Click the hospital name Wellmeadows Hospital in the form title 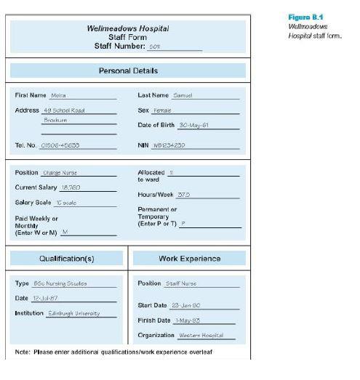(128, 28)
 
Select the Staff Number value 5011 (153, 47)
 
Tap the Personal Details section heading (128, 70)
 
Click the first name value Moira (58, 95)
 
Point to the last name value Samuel (182, 95)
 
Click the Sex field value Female (161, 110)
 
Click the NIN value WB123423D (169, 145)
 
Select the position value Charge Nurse (60, 173)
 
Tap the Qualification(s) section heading (66, 258)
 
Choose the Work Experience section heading (189, 258)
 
